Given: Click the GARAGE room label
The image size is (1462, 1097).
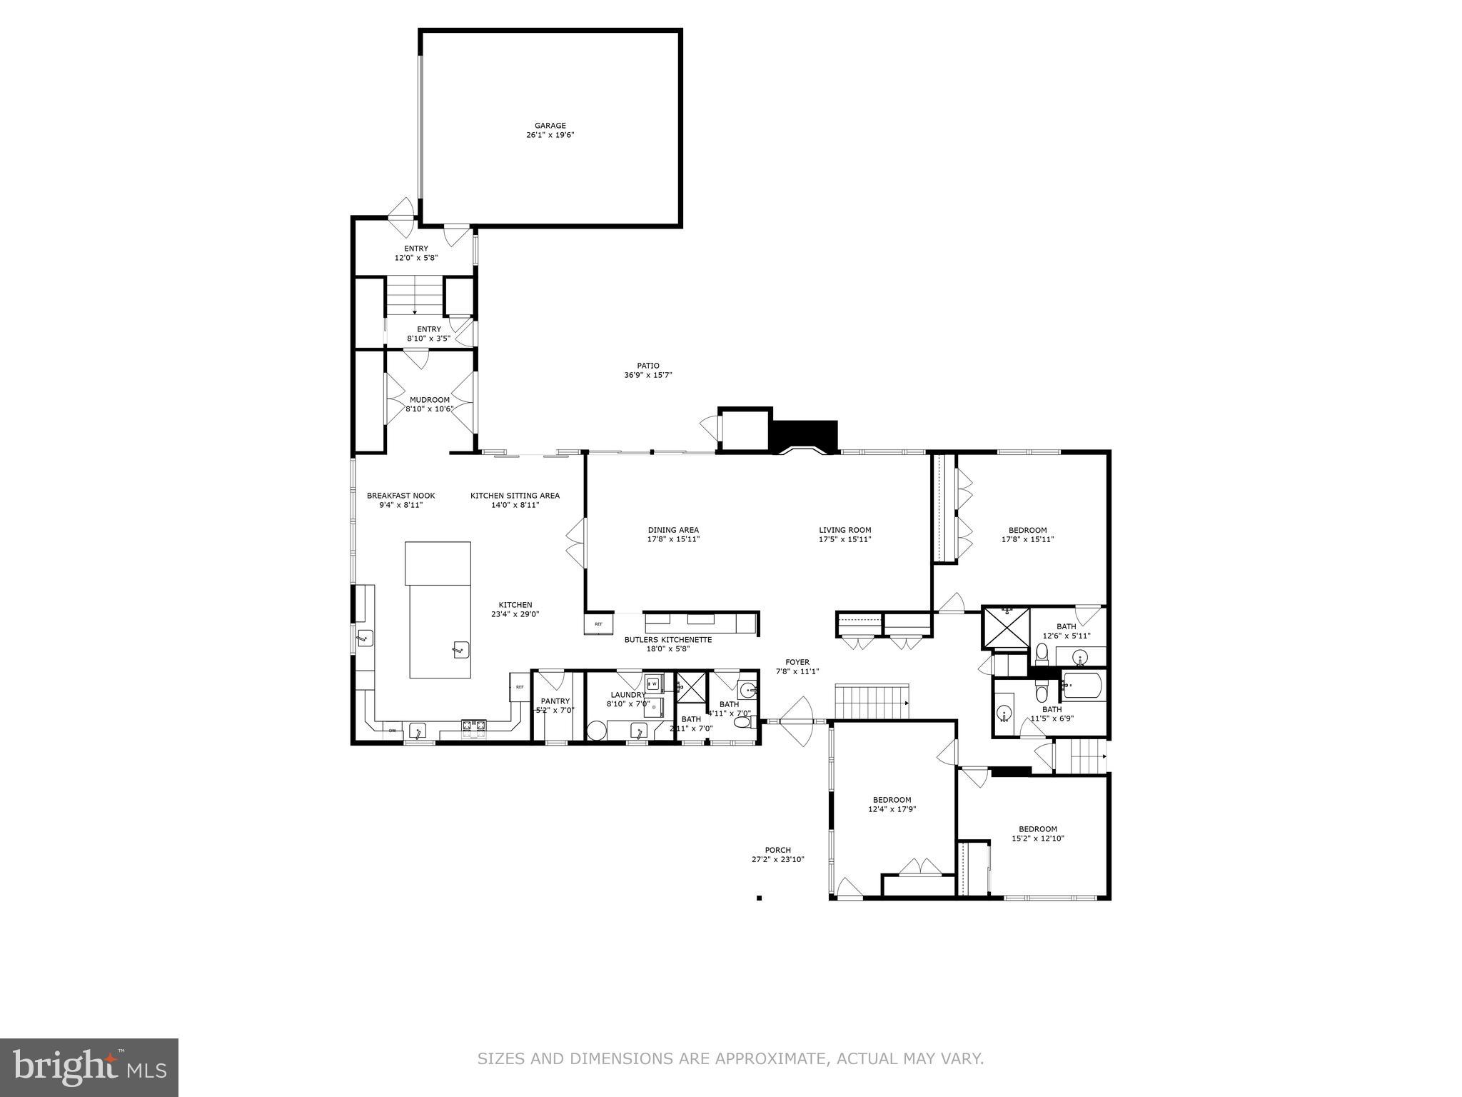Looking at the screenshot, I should click(550, 126).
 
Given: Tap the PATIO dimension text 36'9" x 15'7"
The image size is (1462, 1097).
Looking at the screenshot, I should click(648, 375).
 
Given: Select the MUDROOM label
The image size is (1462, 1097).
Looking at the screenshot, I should click(429, 400).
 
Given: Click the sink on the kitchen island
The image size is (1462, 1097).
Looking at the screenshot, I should click(460, 649).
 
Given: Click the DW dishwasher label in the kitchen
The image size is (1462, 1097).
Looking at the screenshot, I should click(392, 731).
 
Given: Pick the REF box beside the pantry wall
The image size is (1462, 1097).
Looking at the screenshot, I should click(520, 687).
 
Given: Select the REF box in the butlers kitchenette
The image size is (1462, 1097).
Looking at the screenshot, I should click(598, 624).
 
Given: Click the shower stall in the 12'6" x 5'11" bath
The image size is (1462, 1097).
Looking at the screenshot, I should click(1006, 627).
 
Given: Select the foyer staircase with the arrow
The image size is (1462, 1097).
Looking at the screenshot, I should click(872, 701).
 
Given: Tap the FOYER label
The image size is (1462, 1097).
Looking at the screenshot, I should click(797, 662).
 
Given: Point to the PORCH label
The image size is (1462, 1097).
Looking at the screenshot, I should click(777, 850).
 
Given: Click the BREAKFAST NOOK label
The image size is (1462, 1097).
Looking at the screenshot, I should click(400, 496).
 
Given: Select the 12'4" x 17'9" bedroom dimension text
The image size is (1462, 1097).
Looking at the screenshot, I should click(892, 809).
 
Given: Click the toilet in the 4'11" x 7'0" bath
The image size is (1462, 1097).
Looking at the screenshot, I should click(742, 723).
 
